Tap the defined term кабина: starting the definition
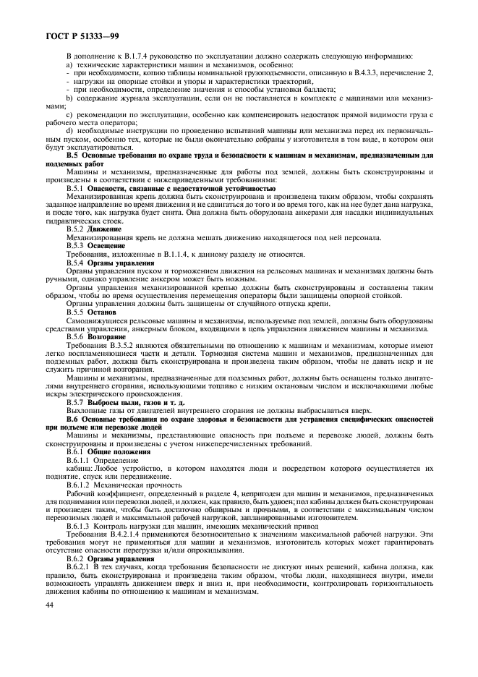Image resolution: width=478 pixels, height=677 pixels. (x=80, y=472)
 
